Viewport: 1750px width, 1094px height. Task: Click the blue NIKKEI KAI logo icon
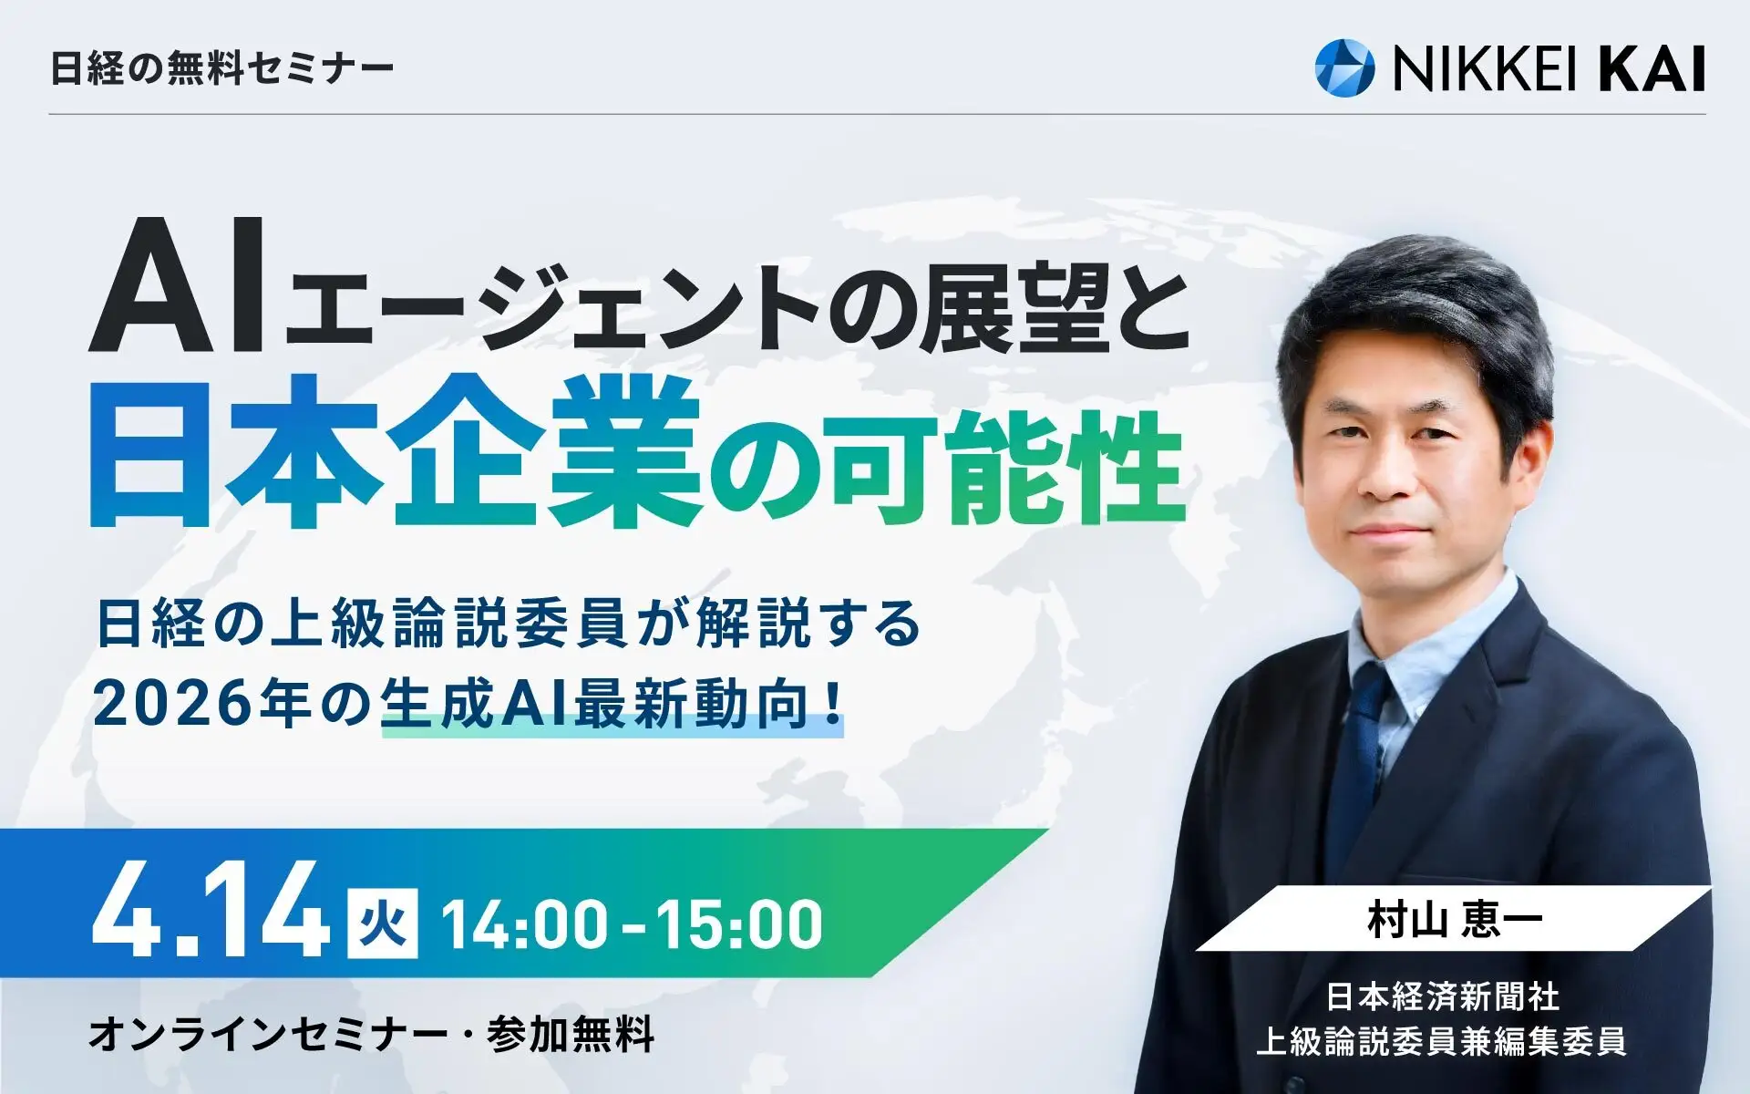click(x=1344, y=66)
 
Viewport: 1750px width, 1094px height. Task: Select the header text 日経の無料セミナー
click(x=221, y=68)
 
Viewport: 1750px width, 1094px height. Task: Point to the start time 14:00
click(x=524, y=924)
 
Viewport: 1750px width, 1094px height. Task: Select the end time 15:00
click(x=739, y=924)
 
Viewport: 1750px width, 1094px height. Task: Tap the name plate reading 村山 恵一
click(x=1454, y=920)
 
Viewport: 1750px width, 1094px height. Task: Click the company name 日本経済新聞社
click(x=1442, y=996)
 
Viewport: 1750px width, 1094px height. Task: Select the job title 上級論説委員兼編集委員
click(x=1442, y=1040)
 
